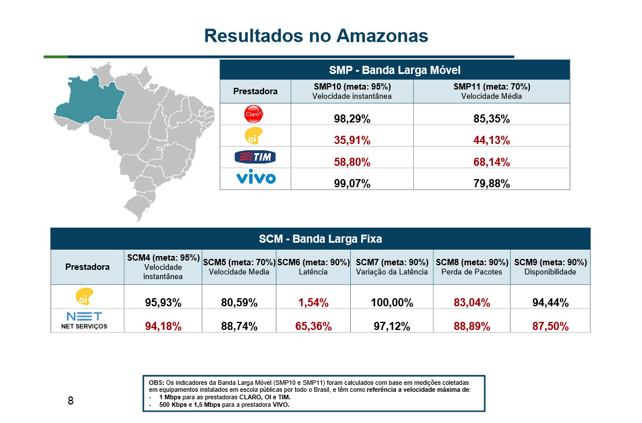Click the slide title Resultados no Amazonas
click(316, 36)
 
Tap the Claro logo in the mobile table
click(255, 114)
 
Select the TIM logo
click(255, 157)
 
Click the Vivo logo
click(255, 177)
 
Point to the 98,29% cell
click(352, 119)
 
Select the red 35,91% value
click(352, 140)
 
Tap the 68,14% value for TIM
click(491, 162)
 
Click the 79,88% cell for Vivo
click(491, 184)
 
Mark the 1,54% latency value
click(314, 302)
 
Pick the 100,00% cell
click(392, 302)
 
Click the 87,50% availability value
click(550, 326)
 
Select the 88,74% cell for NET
click(239, 326)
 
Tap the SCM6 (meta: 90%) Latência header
click(314, 266)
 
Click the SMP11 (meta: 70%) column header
click(491, 91)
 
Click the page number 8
click(70, 400)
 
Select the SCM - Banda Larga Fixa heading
click(320, 238)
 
